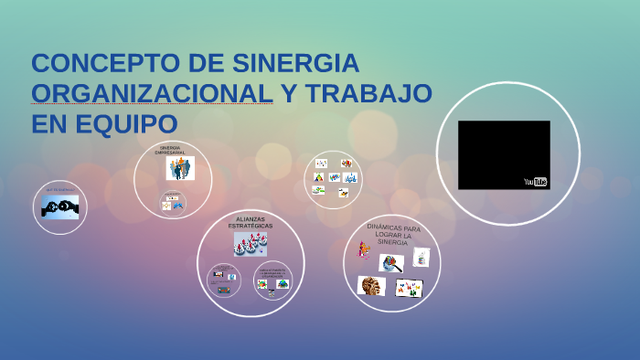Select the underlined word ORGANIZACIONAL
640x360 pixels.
152,93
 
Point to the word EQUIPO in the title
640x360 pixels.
129,122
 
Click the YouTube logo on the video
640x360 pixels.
535,182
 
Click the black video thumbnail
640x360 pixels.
504,153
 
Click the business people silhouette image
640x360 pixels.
179,168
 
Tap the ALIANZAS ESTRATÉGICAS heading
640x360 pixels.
250,223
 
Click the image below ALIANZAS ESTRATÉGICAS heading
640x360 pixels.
250,243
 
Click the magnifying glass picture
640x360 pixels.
392,263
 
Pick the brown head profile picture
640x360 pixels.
371,286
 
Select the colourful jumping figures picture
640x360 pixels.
409,289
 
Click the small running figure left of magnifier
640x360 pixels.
364,249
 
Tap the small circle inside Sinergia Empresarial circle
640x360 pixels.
172,202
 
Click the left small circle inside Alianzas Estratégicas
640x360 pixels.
223,279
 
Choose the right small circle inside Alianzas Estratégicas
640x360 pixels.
272,281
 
